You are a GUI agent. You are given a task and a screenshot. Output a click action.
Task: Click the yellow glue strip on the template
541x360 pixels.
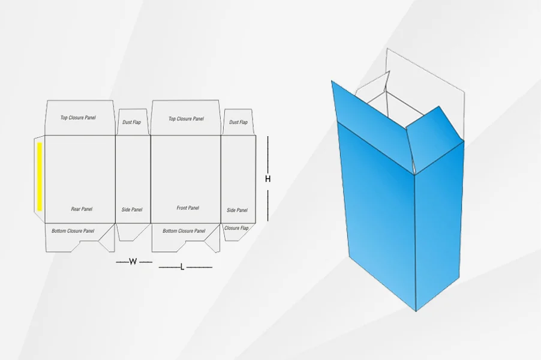coord(40,176)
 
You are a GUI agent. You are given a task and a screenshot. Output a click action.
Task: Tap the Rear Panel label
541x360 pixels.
coord(82,209)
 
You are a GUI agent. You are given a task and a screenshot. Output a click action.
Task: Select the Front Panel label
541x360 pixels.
coord(188,208)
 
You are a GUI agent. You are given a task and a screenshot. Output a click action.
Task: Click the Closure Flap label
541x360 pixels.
coord(236,228)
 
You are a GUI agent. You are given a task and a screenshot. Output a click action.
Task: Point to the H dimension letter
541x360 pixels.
coord(268,179)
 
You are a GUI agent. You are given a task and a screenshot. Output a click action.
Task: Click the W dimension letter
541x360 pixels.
coord(133,262)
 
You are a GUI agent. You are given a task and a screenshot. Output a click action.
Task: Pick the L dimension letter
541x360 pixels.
coord(182,267)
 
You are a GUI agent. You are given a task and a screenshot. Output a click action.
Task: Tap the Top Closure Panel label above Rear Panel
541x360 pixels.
coord(78,118)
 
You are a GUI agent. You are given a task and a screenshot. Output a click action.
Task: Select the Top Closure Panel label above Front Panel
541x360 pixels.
coord(186,119)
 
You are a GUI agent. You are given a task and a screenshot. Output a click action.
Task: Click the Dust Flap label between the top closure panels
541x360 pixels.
coord(131,122)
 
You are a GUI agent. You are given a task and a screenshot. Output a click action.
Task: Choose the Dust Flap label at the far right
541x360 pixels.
coord(239,122)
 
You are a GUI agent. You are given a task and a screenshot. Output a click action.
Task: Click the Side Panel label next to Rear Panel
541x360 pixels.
coord(132,209)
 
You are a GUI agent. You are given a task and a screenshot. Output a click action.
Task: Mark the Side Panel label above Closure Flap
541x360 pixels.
coord(237,210)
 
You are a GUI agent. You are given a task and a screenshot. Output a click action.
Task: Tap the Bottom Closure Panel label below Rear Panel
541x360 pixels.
coord(73,231)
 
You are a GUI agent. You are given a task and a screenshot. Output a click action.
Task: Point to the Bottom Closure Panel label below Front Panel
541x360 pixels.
coord(184,231)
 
